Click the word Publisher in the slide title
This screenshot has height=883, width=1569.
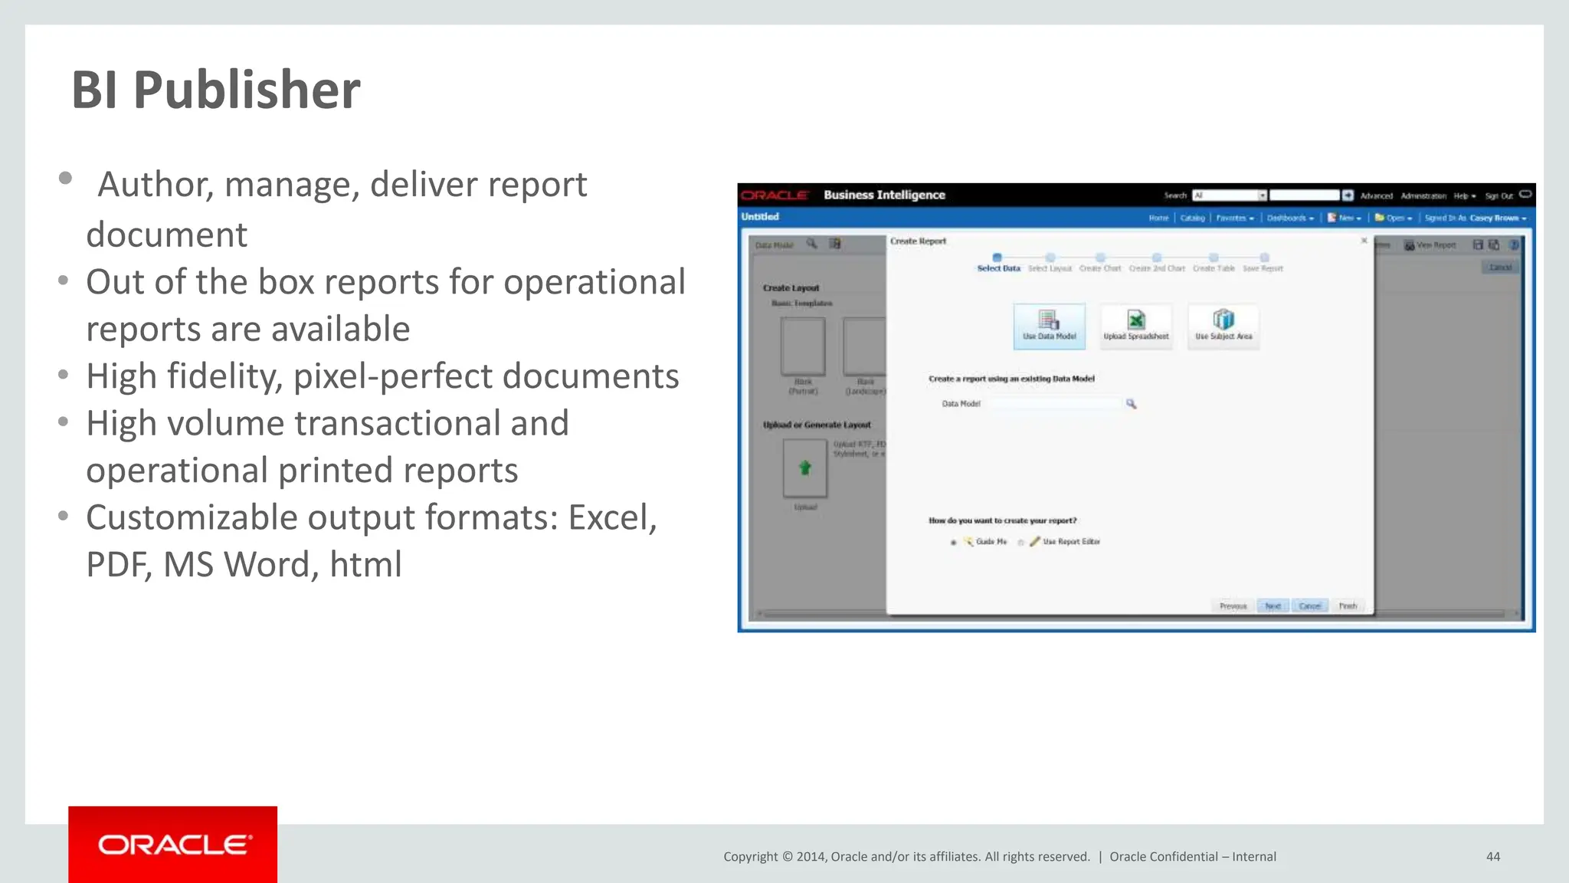[x=246, y=90]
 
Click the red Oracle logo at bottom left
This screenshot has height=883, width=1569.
[x=173, y=844]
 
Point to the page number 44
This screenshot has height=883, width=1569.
[x=1492, y=856]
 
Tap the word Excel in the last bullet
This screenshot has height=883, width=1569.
[x=611, y=518]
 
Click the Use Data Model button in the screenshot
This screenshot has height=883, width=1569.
[x=1049, y=327]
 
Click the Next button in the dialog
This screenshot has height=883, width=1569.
[x=1273, y=606]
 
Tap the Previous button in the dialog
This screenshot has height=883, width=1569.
[x=1233, y=606]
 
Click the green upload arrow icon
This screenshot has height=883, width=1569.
[x=804, y=468]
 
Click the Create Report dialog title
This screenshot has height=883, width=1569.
[x=918, y=241]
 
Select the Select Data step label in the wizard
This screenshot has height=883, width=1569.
[x=998, y=268]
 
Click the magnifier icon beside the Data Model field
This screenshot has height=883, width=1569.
[x=1131, y=404]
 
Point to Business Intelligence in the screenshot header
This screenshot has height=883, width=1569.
[x=884, y=195]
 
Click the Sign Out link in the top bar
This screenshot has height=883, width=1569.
[x=1499, y=196]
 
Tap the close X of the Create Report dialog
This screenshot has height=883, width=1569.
[x=1364, y=241]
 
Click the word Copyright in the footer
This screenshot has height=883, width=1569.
[x=750, y=857]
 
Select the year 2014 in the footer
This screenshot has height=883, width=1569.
[x=811, y=857]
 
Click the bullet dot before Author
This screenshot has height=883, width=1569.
[x=65, y=179]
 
